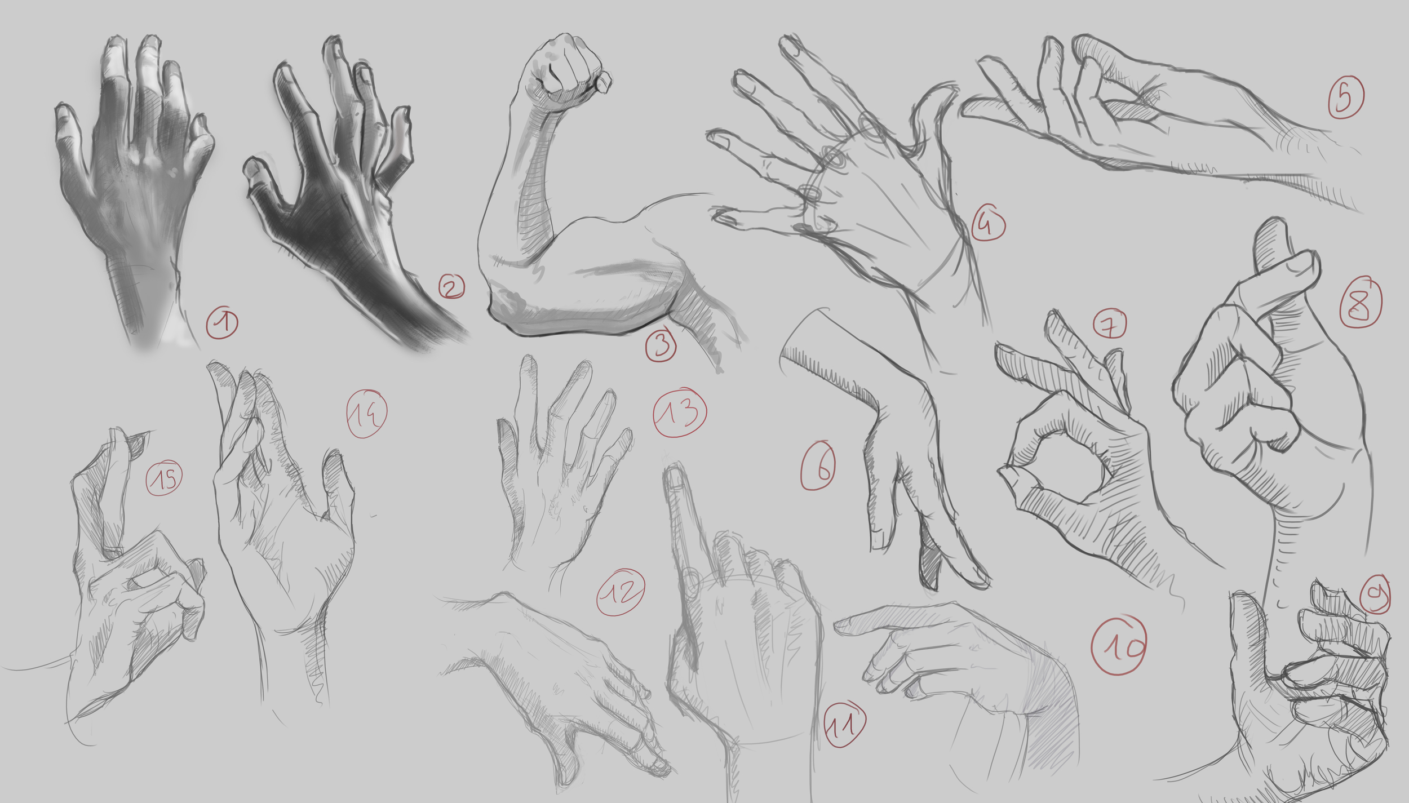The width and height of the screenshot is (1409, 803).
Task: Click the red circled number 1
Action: (x=222, y=323)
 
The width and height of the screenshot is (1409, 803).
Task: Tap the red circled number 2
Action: (x=451, y=287)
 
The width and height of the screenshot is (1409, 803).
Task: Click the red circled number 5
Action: (x=1346, y=97)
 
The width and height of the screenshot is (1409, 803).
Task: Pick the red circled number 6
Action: (x=818, y=465)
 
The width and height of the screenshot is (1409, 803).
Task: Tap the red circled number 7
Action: (x=1110, y=325)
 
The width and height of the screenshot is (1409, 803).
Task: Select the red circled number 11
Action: (x=844, y=725)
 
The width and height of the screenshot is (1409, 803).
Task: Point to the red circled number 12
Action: (x=621, y=592)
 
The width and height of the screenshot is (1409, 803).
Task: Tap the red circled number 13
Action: (x=680, y=412)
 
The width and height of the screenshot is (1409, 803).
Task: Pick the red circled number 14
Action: (x=366, y=414)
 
